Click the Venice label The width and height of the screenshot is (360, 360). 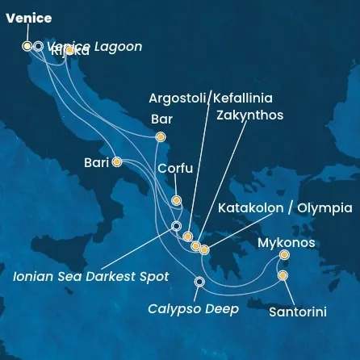pos(28,18)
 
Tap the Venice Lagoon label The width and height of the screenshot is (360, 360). pos(95,46)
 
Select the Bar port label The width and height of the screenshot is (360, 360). pos(162,119)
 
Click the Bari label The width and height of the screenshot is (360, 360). pos(96,162)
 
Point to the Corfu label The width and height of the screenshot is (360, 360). pos(175,169)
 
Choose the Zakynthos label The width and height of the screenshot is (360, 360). pos(250,115)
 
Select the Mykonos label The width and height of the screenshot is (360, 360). pos(287,242)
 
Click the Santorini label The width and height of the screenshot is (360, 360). pos(297,312)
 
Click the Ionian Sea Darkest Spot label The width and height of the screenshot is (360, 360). pos(91,276)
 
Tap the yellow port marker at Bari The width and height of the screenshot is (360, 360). pos(117,161)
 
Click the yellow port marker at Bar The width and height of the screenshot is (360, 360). pos(161,137)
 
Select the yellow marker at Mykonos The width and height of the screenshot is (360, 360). pos(284,255)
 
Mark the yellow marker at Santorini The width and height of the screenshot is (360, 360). pos(283,275)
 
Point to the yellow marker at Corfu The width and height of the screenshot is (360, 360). pos(176,200)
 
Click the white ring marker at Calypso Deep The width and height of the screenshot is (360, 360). pos(200,281)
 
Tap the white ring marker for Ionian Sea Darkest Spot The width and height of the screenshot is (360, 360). pos(177,226)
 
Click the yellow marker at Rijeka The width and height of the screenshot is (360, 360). pos(69,50)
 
